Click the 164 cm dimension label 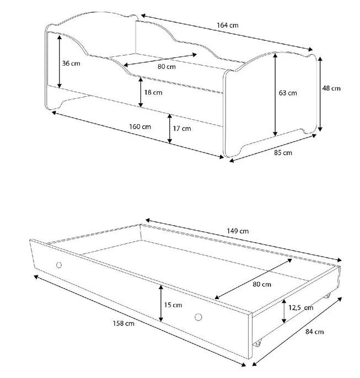point(228,25)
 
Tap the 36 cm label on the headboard point(71,63)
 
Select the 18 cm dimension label point(153,92)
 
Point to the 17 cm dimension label point(182,129)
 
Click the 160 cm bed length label point(140,126)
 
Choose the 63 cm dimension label point(288,93)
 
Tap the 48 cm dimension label point(331,88)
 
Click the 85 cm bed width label point(283,153)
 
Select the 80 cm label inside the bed point(166,67)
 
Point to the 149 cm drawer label point(238,231)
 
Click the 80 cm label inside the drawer point(262,284)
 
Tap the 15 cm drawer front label point(173,305)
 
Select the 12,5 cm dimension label point(301,307)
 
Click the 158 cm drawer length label point(123,323)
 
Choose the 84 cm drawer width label point(314,332)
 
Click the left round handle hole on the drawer point(59,265)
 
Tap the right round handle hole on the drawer point(198,317)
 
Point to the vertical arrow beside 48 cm point(320,94)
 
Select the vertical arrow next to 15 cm point(161,304)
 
